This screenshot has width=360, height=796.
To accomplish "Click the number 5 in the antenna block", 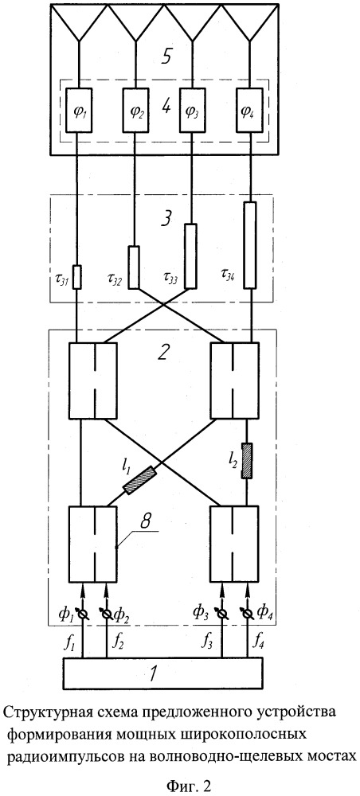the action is point(165,57).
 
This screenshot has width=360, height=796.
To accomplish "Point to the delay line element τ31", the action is point(78,276).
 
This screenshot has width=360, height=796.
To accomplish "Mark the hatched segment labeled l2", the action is point(247,461).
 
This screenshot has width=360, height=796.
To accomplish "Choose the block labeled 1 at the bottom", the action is point(163,673).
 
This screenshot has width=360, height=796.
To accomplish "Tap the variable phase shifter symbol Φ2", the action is point(107,615).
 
